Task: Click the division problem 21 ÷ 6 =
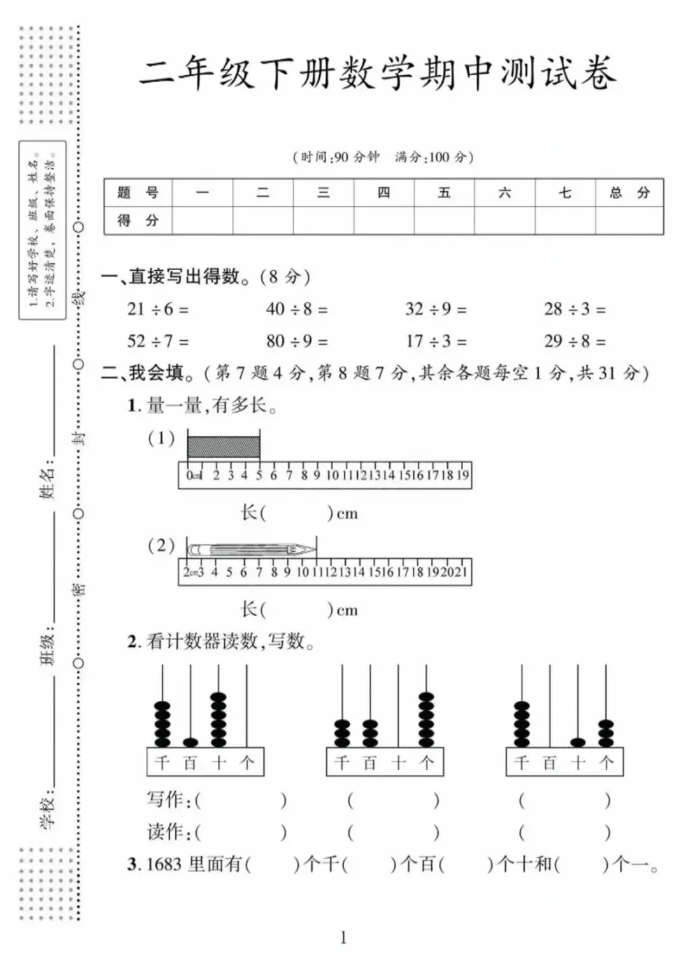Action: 157,309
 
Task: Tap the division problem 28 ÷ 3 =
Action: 575,309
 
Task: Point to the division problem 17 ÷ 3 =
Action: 436,341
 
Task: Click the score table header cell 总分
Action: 629,192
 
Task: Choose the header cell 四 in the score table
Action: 383,192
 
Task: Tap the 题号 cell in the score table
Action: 138,192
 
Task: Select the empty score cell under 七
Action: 564,220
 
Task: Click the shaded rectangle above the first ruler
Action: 224,447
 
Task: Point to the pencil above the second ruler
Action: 252,549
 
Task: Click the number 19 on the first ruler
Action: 462,475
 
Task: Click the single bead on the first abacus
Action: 190,742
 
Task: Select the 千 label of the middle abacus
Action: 342,763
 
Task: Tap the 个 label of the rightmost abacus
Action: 606,763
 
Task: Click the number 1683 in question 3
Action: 164,864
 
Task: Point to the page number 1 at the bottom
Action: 344,937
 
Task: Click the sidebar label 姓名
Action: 48,482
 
